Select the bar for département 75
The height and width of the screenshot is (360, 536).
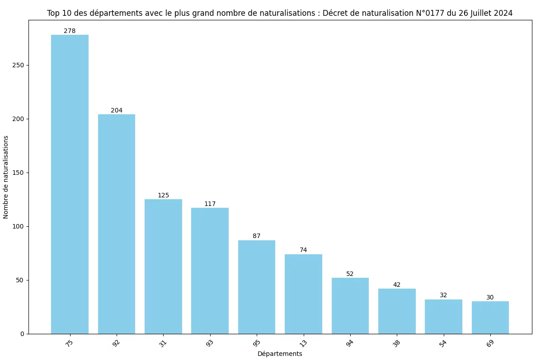(70, 184)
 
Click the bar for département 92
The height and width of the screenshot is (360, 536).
(117, 224)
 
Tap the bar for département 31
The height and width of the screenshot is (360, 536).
(163, 266)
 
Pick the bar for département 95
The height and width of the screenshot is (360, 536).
(257, 287)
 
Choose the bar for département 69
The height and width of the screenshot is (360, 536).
(490, 318)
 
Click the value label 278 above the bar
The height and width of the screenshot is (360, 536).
(70, 31)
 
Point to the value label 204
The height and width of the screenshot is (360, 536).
(117, 111)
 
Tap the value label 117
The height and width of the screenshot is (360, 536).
(210, 204)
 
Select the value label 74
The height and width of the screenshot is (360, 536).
(303, 250)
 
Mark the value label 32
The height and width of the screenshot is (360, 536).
(443, 295)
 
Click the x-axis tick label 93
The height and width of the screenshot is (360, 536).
(210, 343)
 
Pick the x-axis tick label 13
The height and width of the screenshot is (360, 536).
(303, 343)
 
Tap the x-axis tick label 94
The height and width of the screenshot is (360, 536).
(350, 343)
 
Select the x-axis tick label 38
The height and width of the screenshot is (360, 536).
(396, 343)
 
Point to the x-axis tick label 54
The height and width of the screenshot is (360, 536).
(443, 343)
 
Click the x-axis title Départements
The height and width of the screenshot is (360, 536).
(280, 354)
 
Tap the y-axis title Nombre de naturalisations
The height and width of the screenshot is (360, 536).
(6, 176)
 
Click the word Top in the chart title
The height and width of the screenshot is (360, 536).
(53, 14)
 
